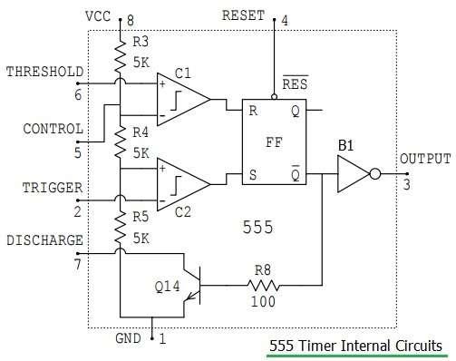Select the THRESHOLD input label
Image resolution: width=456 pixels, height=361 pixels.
click(x=45, y=71)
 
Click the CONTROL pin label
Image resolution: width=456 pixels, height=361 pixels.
click(x=53, y=129)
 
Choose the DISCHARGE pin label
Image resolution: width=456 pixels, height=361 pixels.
click(x=45, y=240)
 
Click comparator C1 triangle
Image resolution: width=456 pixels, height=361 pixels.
click(x=180, y=100)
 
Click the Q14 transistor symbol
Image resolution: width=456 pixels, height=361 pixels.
click(x=189, y=285)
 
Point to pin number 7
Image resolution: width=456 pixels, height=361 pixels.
click(x=78, y=266)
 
